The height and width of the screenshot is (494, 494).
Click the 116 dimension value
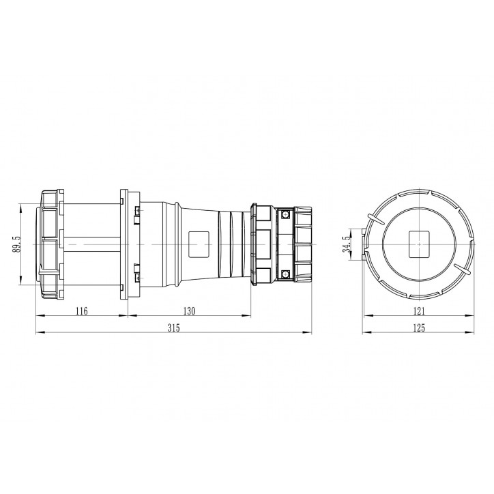click(x=81, y=310)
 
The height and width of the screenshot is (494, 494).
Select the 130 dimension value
click(x=189, y=310)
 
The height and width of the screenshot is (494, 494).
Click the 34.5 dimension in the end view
click(x=348, y=244)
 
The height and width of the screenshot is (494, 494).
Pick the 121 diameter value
click(x=418, y=310)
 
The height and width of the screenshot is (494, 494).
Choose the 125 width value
click(x=418, y=328)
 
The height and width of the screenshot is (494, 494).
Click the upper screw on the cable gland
click(x=285, y=214)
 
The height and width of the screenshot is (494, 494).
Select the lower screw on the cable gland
click(x=285, y=274)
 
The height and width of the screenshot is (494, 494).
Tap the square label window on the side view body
click(x=199, y=243)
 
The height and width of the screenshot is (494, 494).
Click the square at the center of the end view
click(x=418, y=244)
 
